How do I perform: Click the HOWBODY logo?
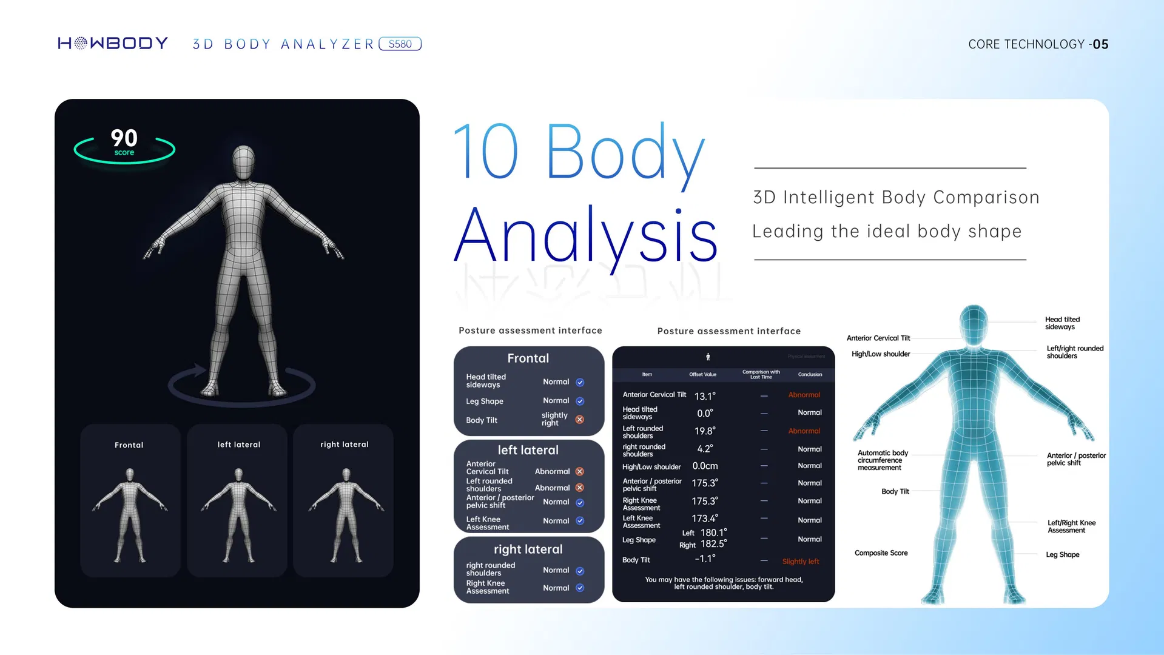click(x=113, y=44)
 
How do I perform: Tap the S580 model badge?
click(x=400, y=44)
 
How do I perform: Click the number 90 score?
click(x=124, y=138)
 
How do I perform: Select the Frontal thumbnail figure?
click(x=130, y=515)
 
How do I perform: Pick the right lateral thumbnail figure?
click(x=346, y=515)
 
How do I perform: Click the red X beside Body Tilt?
click(x=580, y=420)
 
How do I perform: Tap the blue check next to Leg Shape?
click(x=580, y=401)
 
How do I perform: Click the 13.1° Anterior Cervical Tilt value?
click(x=705, y=396)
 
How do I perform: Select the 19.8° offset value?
click(x=705, y=431)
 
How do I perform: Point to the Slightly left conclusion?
click(x=801, y=562)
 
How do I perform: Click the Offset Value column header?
click(x=702, y=374)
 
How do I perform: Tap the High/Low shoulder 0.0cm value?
click(x=705, y=466)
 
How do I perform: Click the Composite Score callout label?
click(x=881, y=553)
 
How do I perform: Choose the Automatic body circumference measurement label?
click(x=882, y=460)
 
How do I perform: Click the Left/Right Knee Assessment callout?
click(x=1071, y=526)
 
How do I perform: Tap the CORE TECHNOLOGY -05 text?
click(x=1038, y=44)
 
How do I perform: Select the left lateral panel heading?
click(x=528, y=450)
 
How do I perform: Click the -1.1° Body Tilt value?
click(x=705, y=559)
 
